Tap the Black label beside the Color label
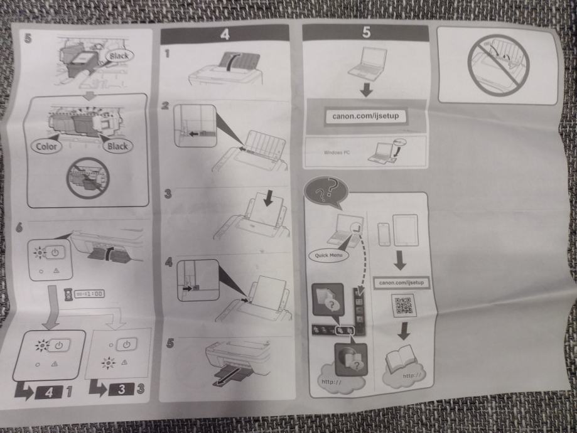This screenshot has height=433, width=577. tap(116, 146)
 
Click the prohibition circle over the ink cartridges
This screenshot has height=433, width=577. tap(87, 178)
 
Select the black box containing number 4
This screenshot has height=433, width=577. tap(51, 392)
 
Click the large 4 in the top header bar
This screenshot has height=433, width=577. tap(224, 35)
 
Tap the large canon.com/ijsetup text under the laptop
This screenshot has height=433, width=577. tap(365, 116)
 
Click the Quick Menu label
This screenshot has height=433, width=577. tap(328, 256)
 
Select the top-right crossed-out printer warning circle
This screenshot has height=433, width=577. tap(496, 64)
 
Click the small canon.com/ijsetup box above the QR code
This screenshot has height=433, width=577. tap(402, 282)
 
